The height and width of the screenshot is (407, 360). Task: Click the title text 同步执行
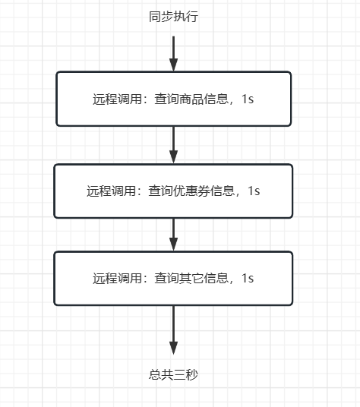coord(173,17)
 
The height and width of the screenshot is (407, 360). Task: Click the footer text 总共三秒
coord(173,374)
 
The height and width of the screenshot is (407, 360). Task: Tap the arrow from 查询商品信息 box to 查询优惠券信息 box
coord(173,144)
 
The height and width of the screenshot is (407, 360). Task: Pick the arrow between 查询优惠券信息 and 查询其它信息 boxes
coord(173,234)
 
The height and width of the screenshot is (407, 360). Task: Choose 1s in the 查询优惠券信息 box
coord(254,191)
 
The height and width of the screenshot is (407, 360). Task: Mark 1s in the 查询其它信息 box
coord(247,279)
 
